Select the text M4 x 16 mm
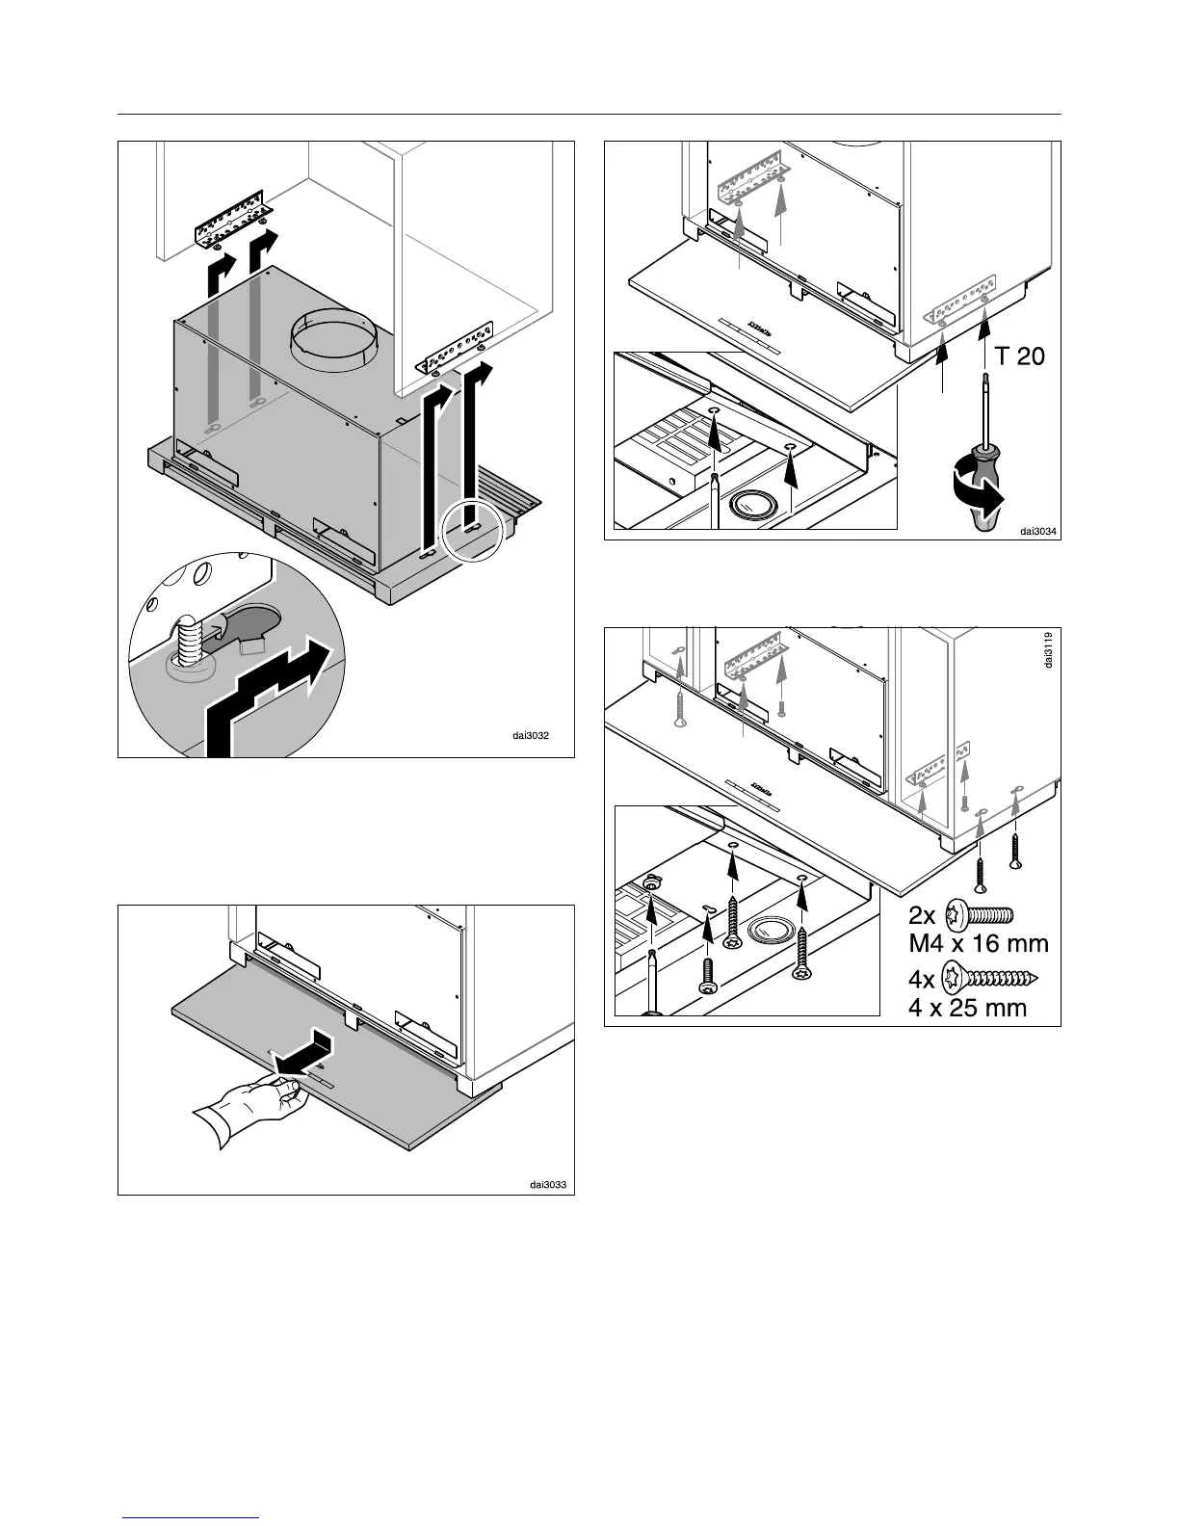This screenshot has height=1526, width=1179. pyautogui.click(x=979, y=945)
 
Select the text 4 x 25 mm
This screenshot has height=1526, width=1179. pyautogui.click(x=968, y=1009)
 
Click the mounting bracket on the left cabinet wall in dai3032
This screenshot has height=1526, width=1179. pyautogui.click(x=236, y=221)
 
